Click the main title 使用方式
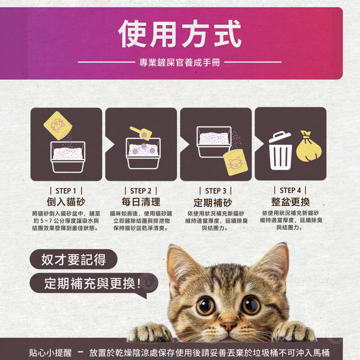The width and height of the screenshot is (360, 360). [180, 34]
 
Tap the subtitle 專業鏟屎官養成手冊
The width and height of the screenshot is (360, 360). [180, 62]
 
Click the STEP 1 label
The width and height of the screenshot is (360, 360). [66, 191]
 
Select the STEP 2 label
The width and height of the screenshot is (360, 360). [141, 191]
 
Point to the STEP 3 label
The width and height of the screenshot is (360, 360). [216, 191]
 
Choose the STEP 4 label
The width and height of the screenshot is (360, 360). [290, 190]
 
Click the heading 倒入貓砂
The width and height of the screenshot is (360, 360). [66, 202]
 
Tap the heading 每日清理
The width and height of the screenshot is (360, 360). [141, 202]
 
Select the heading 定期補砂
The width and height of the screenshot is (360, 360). [213, 202]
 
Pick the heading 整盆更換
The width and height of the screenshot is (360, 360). [291, 202]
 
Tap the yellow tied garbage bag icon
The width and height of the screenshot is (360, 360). [309, 147]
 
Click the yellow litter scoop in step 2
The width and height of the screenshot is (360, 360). [141, 134]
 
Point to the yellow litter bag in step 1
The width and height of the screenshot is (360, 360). [58, 126]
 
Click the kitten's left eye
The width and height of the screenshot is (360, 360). [206, 306]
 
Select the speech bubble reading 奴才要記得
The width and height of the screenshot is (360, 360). [73, 259]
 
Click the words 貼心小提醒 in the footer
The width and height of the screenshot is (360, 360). [50, 352]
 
